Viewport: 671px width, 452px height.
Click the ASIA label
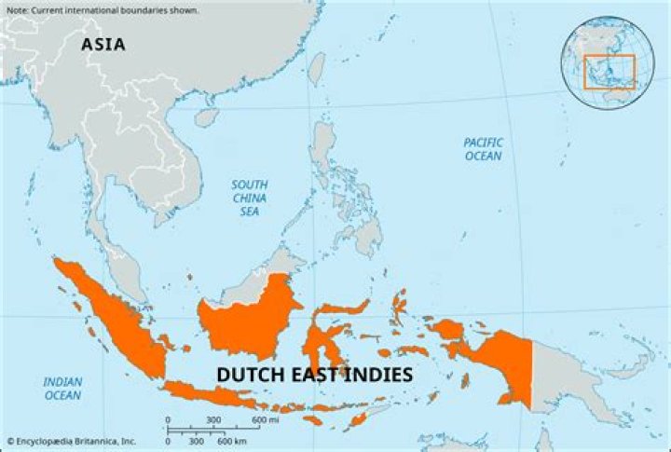pyautogui.click(x=103, y=44)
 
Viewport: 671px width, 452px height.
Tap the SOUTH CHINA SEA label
pyautogui.click(x=249, y=199)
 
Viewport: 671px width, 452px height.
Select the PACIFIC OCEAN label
pyautogui.click(x=483, y=149)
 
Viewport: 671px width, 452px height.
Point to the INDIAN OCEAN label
pyautogui.click(x=62, y=389)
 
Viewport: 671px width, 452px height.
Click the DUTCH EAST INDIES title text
pyautogui.click(x=314, y=375)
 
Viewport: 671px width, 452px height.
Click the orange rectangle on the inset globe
pyautogui.click(x=609, y=72)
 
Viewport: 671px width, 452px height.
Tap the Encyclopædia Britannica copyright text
pyautogui.click(x=72, y=441)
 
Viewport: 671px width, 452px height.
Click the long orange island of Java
pyautogui.click(x=210, y=394)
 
